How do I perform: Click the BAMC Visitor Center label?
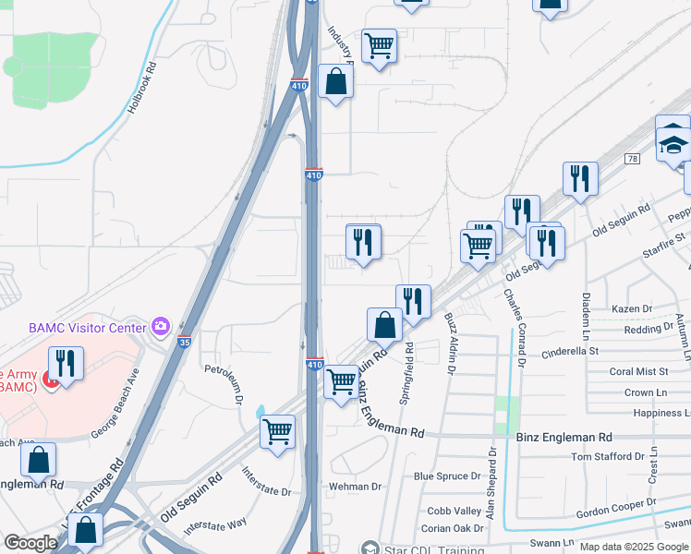(x=88, y=327)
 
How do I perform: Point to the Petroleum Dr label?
(x=224, y=387)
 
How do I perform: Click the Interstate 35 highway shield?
(x=185, y=342)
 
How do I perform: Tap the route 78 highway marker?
(x=632, y=159)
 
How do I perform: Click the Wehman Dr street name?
(x=355, y=486)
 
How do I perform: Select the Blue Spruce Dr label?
(x=447, y=476)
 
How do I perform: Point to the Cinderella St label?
(x=570, y=351)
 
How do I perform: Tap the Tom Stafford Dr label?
(x=607, y=456)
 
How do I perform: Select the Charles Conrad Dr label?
(x=514, y=328)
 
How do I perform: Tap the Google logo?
(x=30, y=543)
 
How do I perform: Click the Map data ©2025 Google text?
(x=633, y=547)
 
